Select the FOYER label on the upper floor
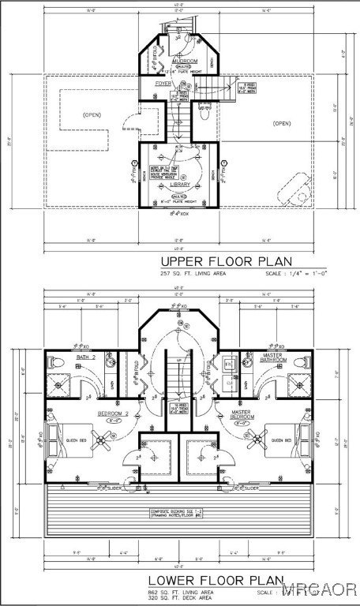tap(163, 82)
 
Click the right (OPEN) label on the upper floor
tap(282, 123)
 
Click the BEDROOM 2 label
tap(113, 413)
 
